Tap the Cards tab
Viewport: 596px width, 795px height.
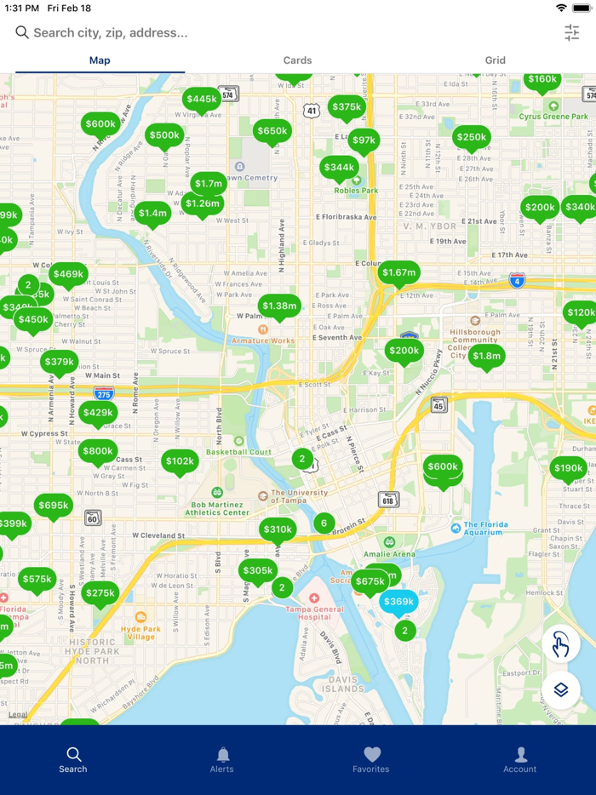[x=297, y=60]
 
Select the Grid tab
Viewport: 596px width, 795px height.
[x=495, y=60]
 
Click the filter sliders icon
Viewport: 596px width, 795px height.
[x=571, y=32]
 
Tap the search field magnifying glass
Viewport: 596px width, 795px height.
[x=22, y=32]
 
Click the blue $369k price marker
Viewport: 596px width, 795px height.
[x=398, y=602]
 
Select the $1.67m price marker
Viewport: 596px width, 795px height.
[x=398, y=273]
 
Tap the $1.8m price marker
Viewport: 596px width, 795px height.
[x=485, y=356]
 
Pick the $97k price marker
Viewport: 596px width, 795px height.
[x=364, y=140]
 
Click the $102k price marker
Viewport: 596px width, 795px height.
[x=180, y=461]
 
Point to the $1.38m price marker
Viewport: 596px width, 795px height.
[x=279, y=306]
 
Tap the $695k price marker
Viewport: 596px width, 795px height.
[x=54, y=506]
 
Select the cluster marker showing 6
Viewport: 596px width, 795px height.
[x=324, y=523]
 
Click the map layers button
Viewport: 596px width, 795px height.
[x=560, y=689]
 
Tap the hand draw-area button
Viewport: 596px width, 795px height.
[x=560, y=645]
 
